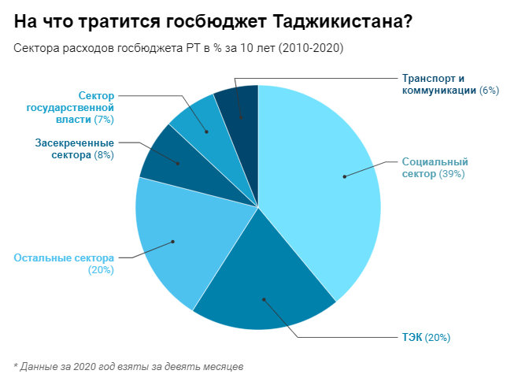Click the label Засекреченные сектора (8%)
pyautogui.click(x=75, y=149)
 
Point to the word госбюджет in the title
pyautogui.click(x=178, y=21)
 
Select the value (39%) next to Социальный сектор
pyautogui.click(x=453, y=173)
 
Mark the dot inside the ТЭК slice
pyautogui.click(x=264, y=298)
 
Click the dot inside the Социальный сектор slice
pyautogui.click(x=345, y=176)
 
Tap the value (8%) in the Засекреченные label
pyautogui.click(x=102, y=155)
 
